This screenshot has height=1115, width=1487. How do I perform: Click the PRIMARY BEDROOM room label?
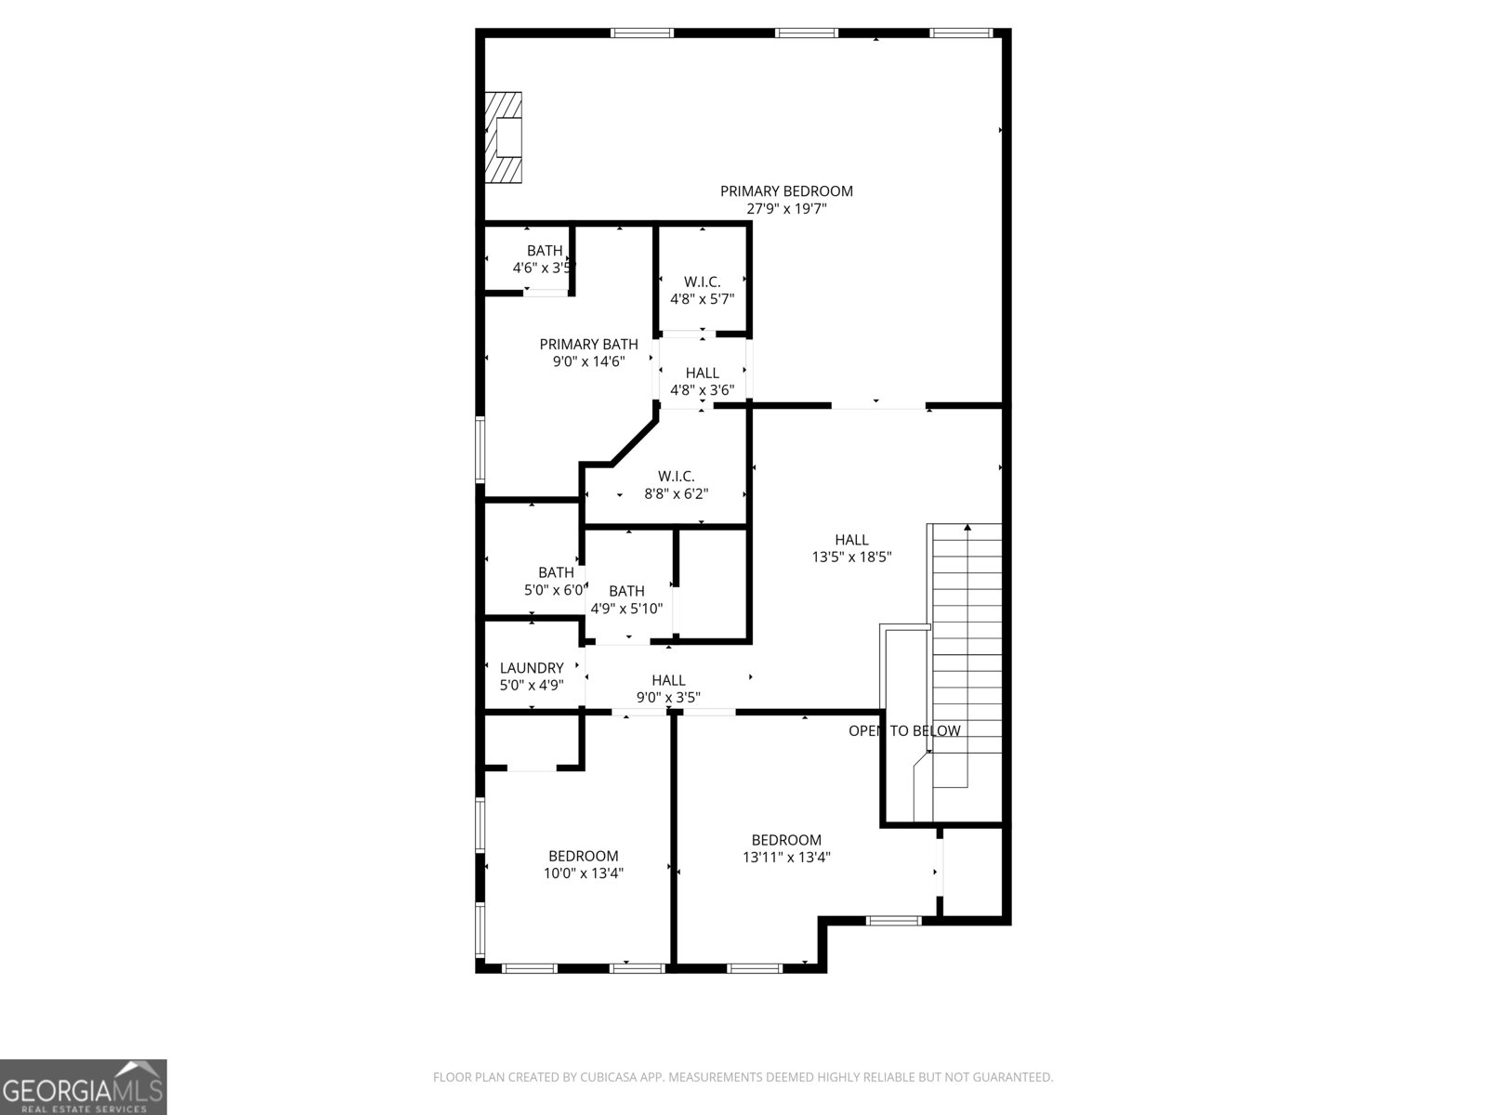click(786, 191)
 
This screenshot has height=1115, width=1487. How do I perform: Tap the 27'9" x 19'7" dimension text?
click(786, 209)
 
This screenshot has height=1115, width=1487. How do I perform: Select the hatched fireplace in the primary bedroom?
click(503, 138)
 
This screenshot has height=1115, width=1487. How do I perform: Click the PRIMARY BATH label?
click(588, 345)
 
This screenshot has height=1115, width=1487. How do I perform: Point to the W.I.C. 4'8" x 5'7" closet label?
click(702, 290)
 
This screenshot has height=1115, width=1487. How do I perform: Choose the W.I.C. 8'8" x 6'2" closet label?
click(676, 485)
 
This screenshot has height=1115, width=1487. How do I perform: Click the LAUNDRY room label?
click(532, 668)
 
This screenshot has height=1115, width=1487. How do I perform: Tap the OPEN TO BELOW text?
click(903, 731)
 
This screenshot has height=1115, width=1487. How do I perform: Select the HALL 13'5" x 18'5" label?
click(851, 548)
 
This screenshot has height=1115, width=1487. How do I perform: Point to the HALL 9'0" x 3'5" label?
click(668, 689)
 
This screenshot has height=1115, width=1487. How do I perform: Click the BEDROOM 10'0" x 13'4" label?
click(583, 864)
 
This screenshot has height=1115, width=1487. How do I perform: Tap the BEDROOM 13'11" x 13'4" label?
click(786, 848)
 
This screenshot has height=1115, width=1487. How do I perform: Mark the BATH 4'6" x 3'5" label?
click(545, 259)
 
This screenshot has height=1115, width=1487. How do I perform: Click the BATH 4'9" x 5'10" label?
click(626, 599)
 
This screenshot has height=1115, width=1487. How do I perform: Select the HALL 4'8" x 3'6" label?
click(702, 381)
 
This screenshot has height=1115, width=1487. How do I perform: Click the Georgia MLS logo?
click(83, 1087)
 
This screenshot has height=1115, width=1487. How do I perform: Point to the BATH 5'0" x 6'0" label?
click(555, 581)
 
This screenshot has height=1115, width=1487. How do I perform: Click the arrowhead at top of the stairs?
click(967, 528)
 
